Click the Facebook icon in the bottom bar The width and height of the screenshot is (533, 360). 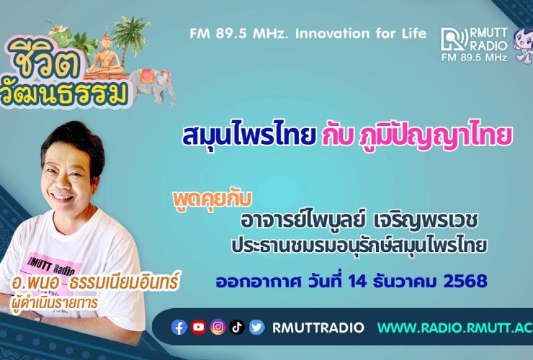[180, 328]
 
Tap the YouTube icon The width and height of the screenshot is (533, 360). [199, 328]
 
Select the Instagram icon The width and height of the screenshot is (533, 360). [218, 328]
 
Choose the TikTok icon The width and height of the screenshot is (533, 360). [237, 328]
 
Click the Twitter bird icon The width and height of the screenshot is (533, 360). [256, 328]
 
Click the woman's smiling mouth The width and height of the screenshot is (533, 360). [61, 197]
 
